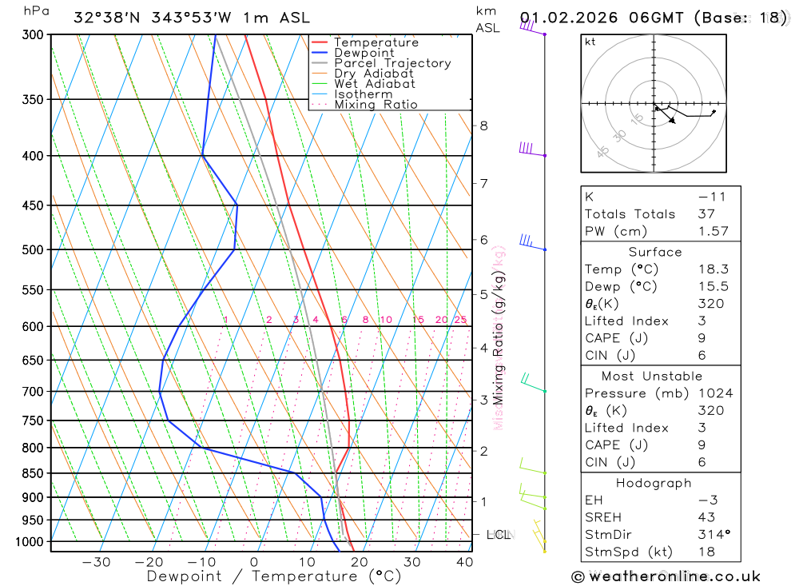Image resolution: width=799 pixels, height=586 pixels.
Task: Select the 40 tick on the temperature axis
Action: point(464,562)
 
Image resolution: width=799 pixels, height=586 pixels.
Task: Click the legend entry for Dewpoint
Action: point(364,53)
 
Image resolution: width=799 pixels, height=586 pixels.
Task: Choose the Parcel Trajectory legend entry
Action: point(392,63)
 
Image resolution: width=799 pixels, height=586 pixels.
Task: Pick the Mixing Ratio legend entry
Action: point(376,104)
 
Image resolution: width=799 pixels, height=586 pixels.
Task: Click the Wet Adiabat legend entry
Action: point(375,84)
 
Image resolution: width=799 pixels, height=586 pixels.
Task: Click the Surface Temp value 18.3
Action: point(713,269)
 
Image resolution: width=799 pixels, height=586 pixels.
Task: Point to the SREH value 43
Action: point(706,517)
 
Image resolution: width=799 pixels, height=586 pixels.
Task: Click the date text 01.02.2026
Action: point(562,18)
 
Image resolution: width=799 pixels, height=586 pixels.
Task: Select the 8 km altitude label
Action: point(483,126)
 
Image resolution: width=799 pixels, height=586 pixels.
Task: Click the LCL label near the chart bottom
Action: point(499,534)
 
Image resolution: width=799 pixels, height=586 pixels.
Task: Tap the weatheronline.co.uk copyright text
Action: point(666,576)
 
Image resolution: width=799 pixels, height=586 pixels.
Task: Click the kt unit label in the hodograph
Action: point(590,42)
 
